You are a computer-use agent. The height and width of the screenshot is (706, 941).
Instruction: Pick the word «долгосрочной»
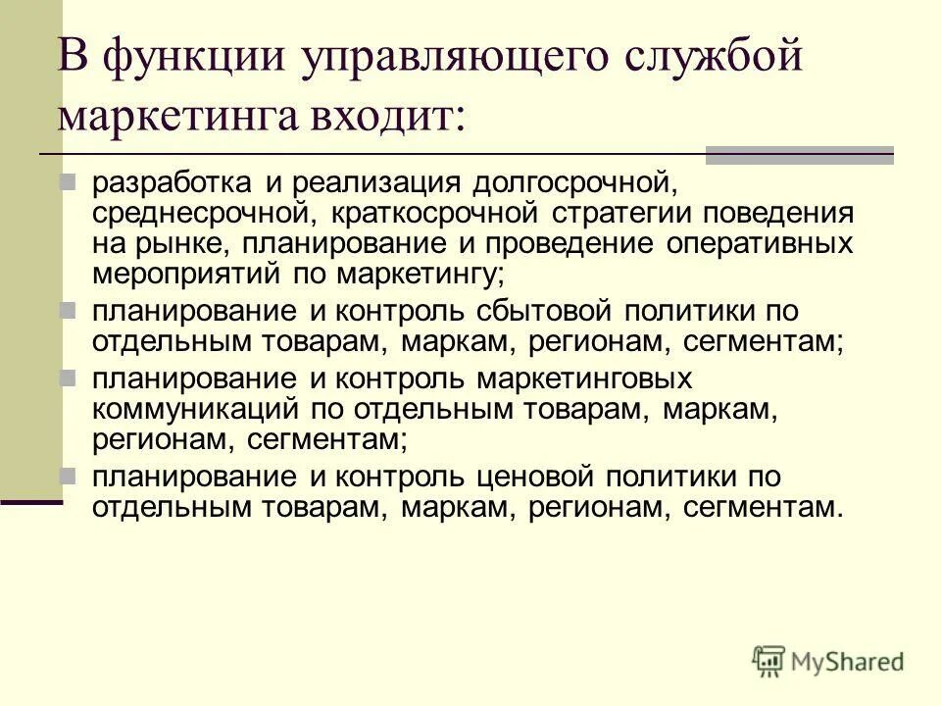[588, 182]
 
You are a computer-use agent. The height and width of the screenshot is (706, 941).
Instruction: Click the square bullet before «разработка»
[68, 180]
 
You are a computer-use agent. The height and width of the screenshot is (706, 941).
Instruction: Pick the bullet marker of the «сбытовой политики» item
[68, 311]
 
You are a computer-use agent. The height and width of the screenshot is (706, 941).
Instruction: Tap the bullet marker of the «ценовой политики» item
[68, 476]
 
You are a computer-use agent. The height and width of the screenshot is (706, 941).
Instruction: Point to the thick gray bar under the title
[800, 155]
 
